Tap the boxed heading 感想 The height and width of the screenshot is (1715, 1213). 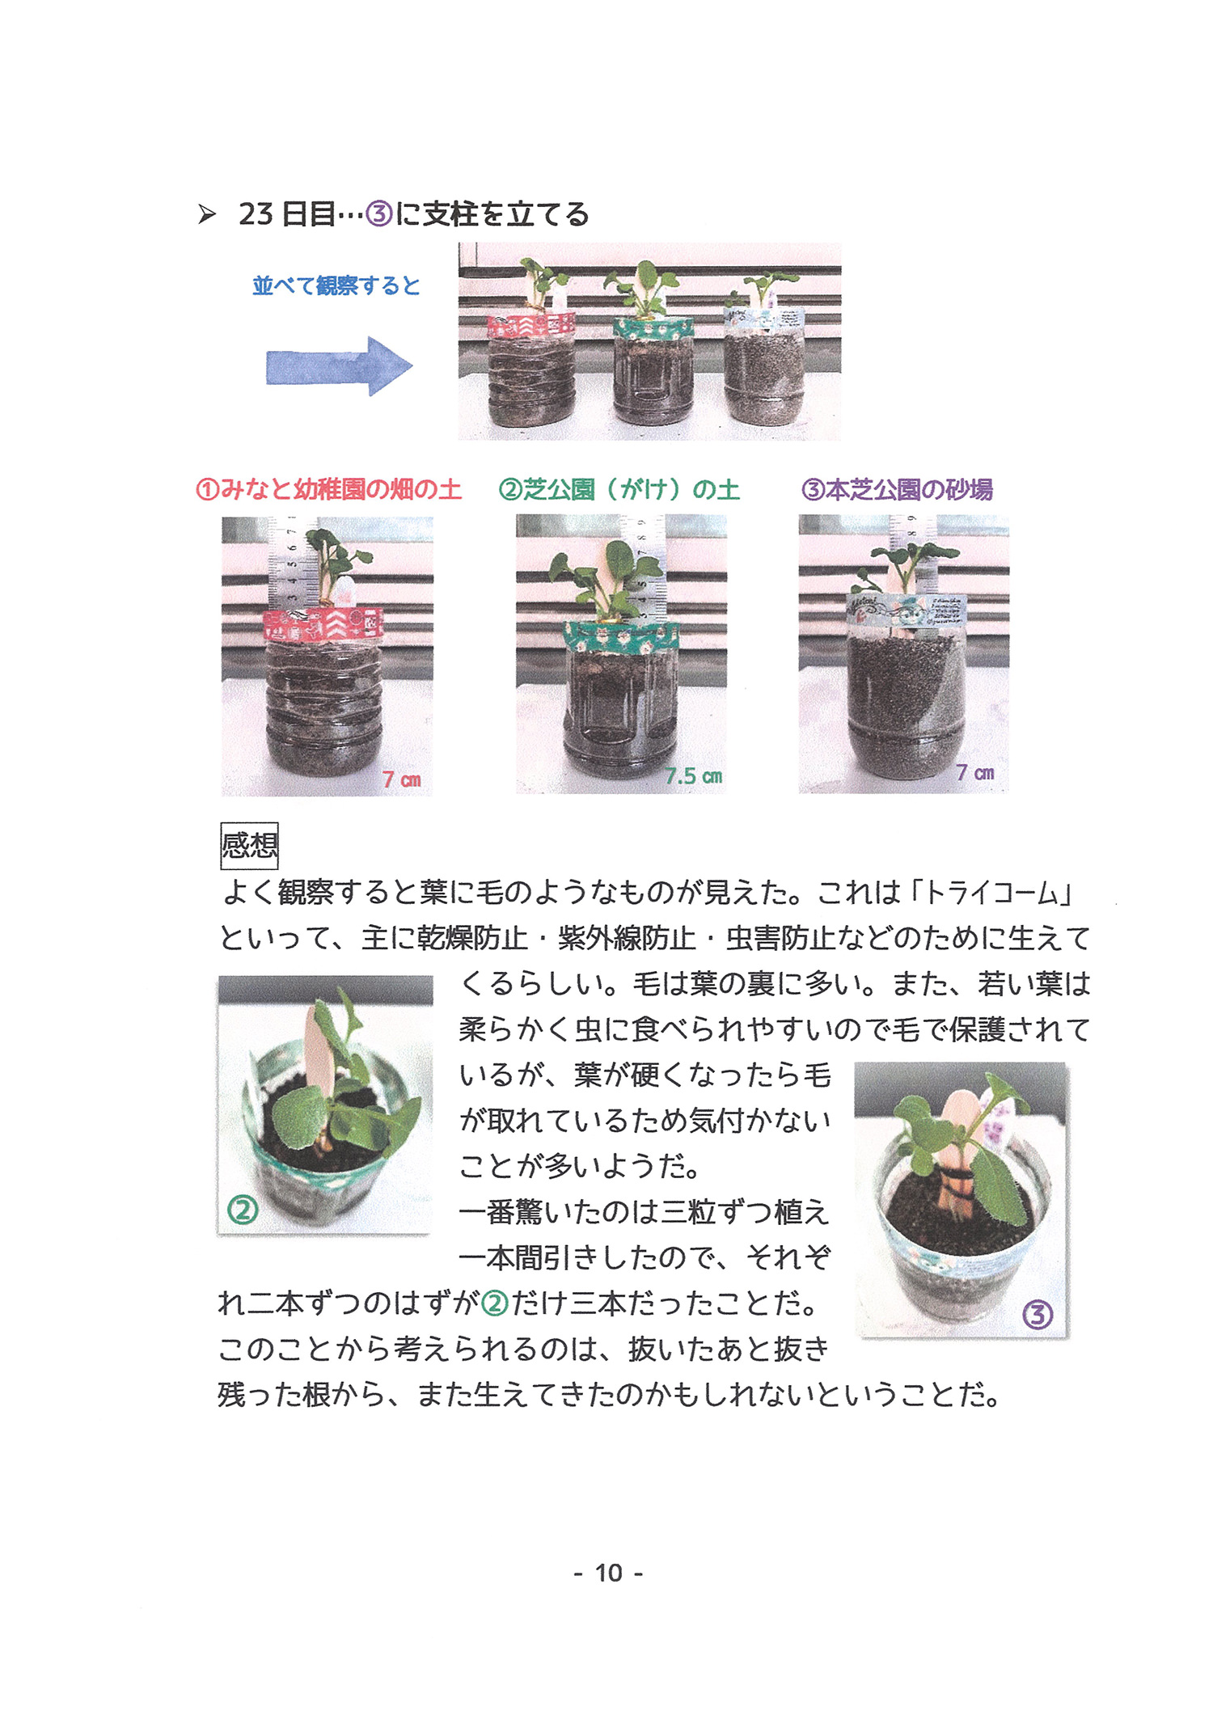click(250, 846)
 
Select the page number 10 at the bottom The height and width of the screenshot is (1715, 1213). click(609, 1573)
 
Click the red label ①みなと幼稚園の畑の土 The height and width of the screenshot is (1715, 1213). click(328, 489)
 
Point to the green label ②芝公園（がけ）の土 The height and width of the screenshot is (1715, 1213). click(619, 489)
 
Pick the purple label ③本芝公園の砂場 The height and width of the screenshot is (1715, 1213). click(897, 489)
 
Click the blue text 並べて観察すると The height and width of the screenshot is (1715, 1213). click(336, 285)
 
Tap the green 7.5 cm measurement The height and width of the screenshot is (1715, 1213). click(694, 776)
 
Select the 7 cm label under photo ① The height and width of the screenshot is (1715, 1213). click(402, 779)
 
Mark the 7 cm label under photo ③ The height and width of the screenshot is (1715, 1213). click(975, 772)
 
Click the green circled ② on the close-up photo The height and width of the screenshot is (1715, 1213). click(243, 1210)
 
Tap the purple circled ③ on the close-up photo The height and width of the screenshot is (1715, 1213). click(1038, 1315)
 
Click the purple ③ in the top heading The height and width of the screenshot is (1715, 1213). click(379, 214)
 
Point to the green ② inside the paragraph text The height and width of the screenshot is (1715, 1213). click(495, 1303)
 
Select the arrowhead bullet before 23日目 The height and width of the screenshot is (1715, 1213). click(207, 214)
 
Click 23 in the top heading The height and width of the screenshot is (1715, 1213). click(256, 214)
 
